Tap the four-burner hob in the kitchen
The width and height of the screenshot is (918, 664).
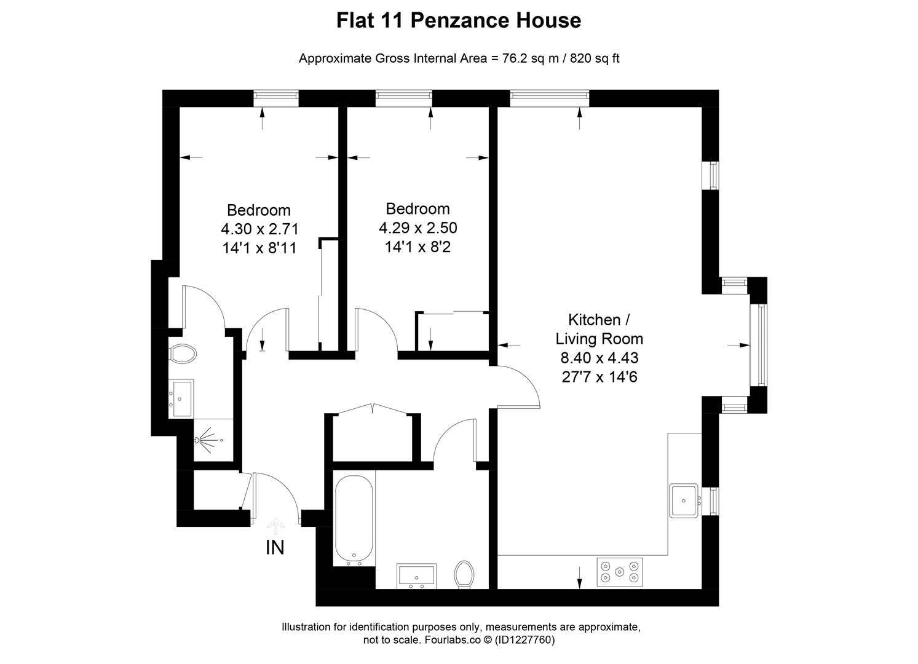(x=619, y=572)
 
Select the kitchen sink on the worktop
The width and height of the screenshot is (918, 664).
(x=683, y=500)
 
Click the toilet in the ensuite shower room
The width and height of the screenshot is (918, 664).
(x=183, y=354)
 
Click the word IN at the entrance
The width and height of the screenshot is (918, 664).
(x=275, y=547)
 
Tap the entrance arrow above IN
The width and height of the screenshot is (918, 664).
(x=275, y=526)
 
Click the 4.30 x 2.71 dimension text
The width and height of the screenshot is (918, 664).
(x=259, y=229)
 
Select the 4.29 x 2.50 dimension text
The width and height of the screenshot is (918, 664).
(x=418, y=228)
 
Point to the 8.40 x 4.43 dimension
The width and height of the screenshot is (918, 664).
(x=599, y=358)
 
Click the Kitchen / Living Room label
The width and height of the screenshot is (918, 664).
(x=599, y=330)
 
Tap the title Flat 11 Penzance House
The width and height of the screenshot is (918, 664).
(x=459, y=20)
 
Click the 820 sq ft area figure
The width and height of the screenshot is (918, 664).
(x=595, y=59)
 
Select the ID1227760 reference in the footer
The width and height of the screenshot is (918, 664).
(x=525, y=640)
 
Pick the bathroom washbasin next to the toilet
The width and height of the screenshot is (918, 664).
(x=417, y=575)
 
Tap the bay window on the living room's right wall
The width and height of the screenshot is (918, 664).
(x=761, y=345)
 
